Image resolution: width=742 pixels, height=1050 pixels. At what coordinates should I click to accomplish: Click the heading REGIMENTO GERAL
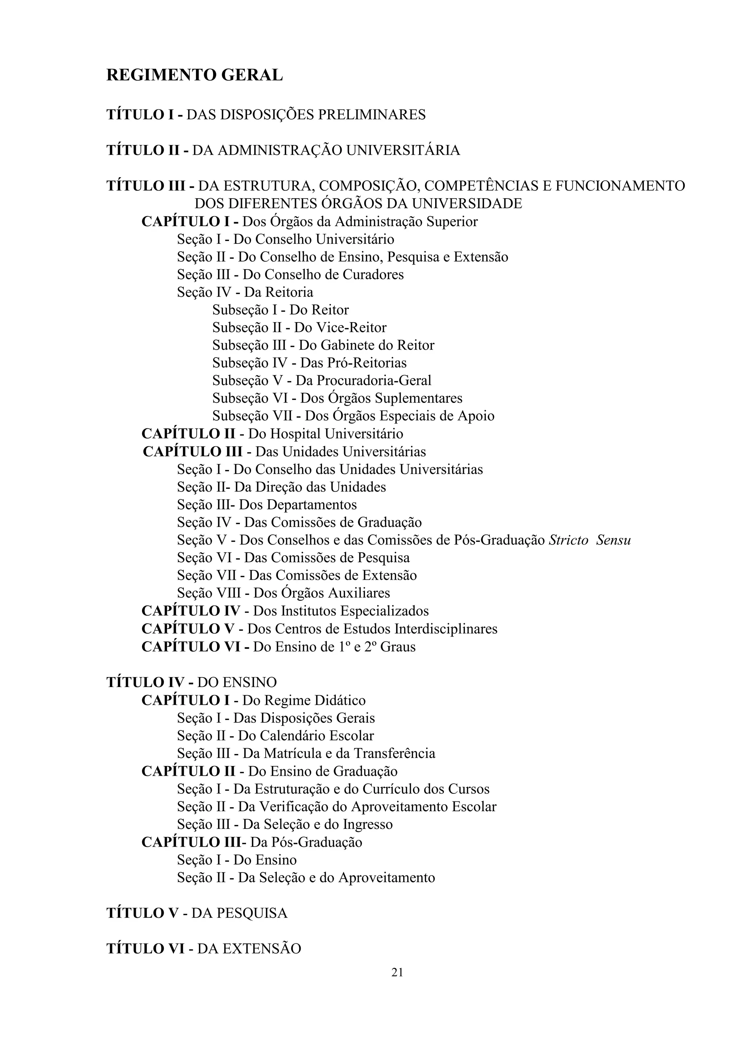point(194,75)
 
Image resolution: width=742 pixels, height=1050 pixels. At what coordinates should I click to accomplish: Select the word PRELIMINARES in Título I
point(371,114)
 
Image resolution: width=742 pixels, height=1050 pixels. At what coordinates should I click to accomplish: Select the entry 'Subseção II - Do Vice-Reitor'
point(299,328)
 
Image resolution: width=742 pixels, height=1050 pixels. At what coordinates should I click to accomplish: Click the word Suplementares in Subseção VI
point(418,398)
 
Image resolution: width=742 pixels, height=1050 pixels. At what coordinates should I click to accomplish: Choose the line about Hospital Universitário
point(272,434)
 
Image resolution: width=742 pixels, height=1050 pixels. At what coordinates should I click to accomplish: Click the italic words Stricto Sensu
point(589,540)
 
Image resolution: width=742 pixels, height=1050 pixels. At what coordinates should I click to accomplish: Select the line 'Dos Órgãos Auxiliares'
point(283,593)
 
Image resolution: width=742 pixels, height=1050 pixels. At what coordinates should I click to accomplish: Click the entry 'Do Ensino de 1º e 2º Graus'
point(278,647)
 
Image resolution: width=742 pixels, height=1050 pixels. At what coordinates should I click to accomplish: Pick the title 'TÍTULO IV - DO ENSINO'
point(192,682)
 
